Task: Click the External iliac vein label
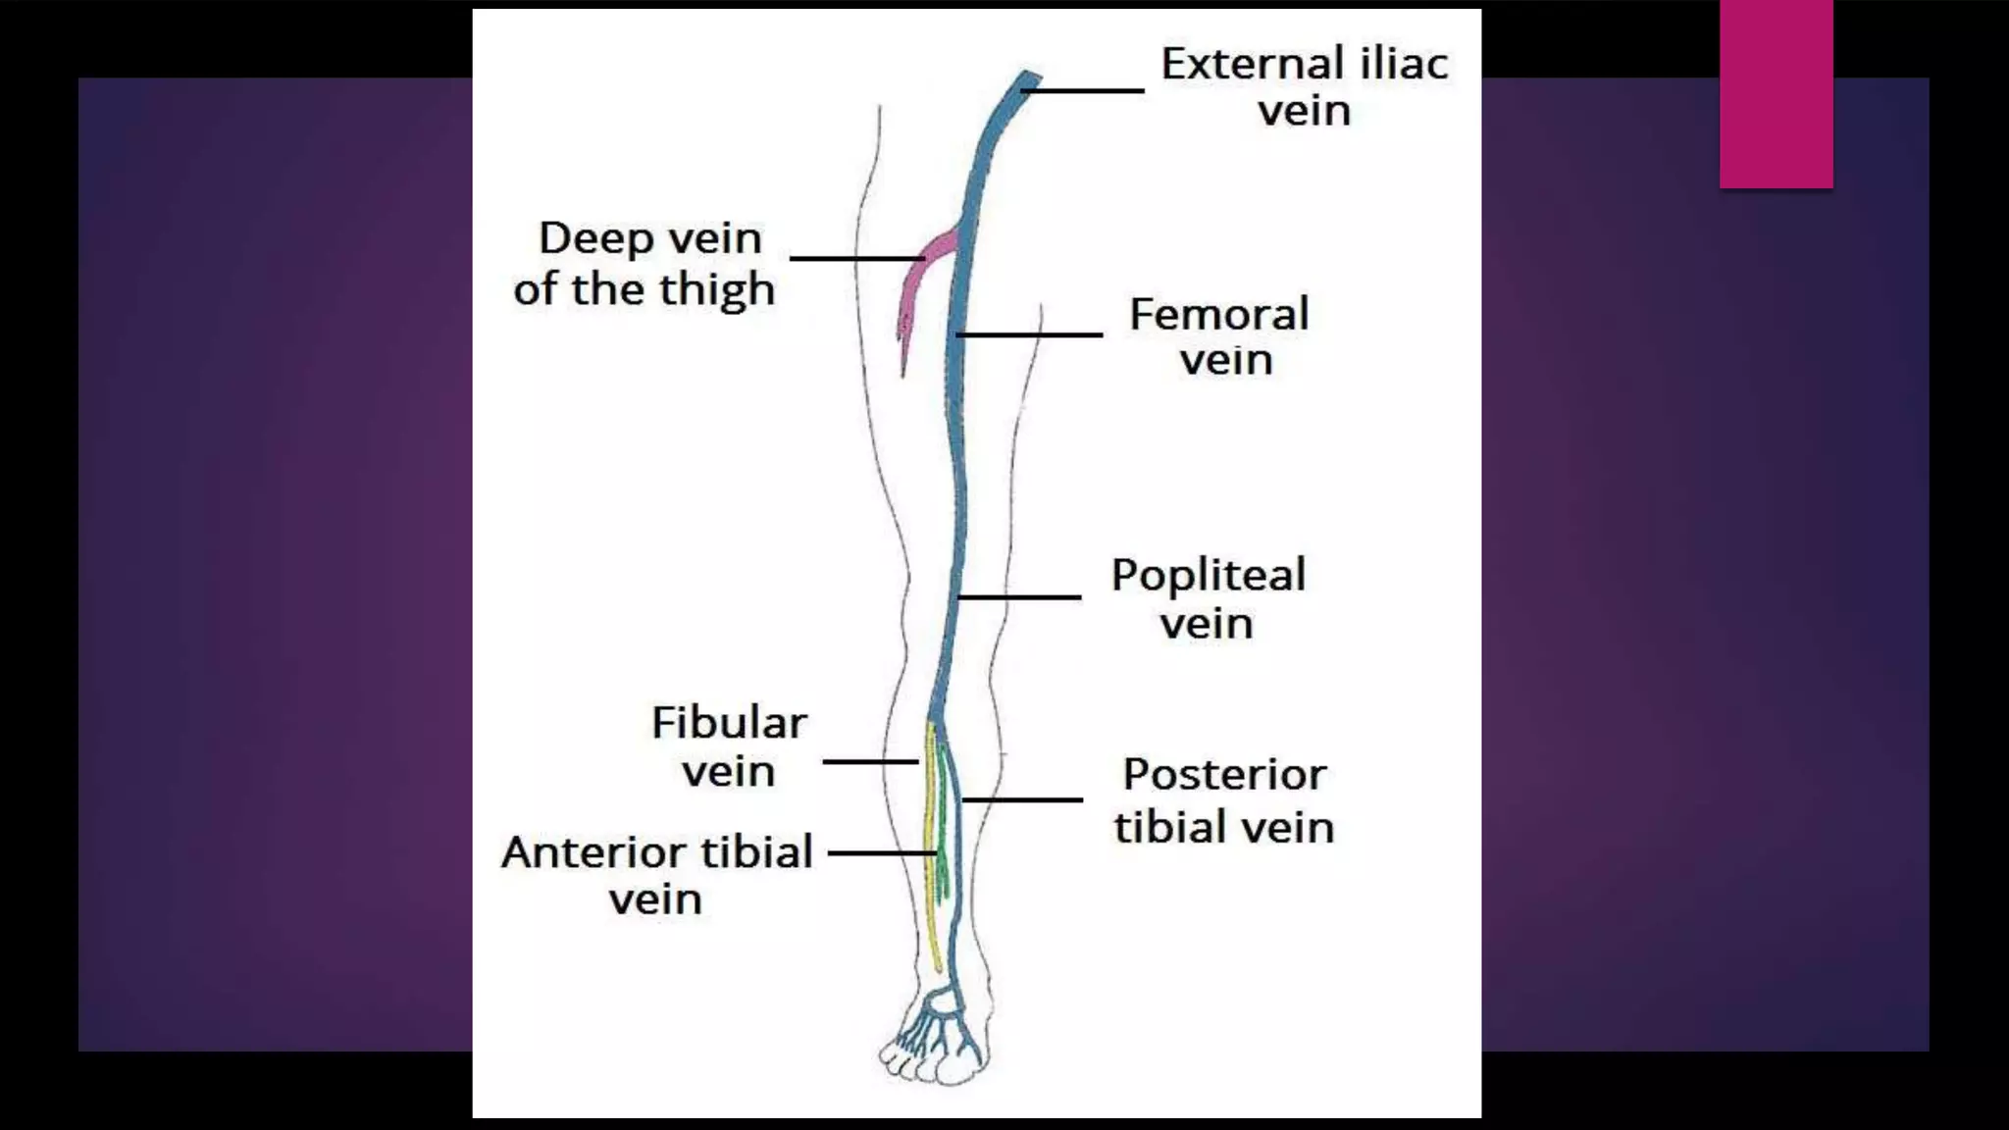[1304, 86]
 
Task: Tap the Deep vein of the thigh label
[644, 263]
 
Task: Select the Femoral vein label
[1220, 335]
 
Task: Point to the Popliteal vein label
[1208, 597]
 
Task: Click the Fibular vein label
[729, 745]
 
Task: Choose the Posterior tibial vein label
[1223, 799]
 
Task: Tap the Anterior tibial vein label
[656, 874]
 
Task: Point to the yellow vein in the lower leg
[930, 844]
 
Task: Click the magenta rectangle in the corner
[1776, 93]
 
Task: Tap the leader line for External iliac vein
[1084, 90]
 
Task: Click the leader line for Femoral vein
[1030, 334]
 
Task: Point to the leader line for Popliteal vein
[1020, 596]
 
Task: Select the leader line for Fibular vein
[870, 761]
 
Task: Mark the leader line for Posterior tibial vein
[1022, 800]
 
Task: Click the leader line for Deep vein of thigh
[856, 258]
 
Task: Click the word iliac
[1404, 64]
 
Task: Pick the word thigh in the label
[717, 290]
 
